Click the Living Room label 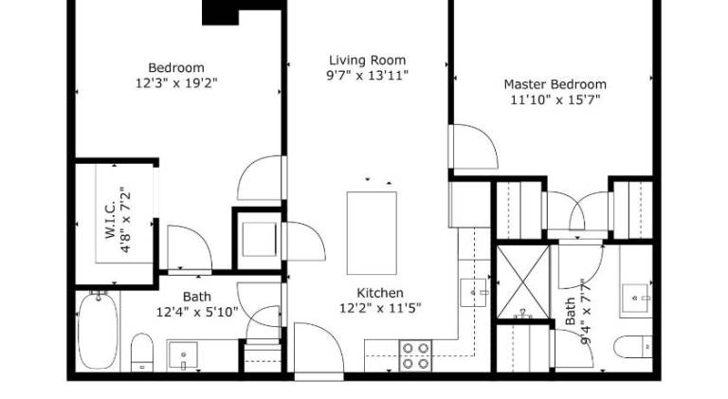click(x=367, y=61)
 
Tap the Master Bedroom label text click(x=555, y=84)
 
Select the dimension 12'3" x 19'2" click(x=176, y=83)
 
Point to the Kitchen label click(x=380, y=293)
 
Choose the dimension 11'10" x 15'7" click(x=555, y=100)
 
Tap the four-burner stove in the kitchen click(x=415, y=355)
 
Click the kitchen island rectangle click(x=372, y=233)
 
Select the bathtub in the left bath click(x=98, y=331)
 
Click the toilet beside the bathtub click(x=142, y=353)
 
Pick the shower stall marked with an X click(x=523, y=281)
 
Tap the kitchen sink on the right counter click(x=474, y=293)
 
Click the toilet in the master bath click(x=633, y=347)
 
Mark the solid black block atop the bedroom click(x=221, y=12)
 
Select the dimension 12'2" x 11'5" click(x=381, y=308)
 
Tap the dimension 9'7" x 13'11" click(x=367, y=75)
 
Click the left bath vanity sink click(x=183, y=354)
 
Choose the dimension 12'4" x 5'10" click(x=197, y=312)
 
